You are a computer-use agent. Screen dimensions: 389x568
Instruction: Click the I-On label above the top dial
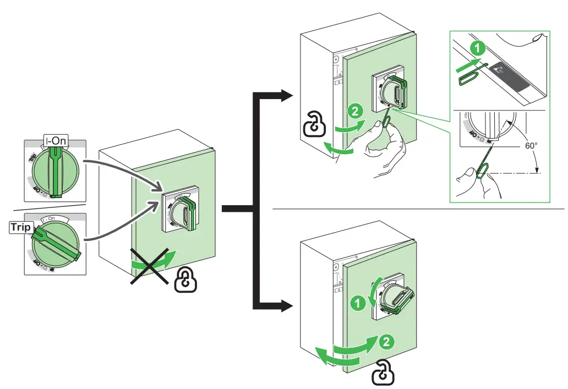56,141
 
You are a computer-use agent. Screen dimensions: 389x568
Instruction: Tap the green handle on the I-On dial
56,168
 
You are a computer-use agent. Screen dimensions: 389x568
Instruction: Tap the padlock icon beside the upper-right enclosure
313,125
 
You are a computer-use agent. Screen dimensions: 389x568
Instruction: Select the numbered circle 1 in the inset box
478,48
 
